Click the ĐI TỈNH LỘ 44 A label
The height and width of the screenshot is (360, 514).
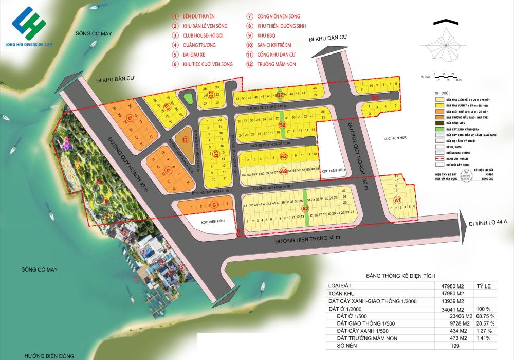tap(488, 223)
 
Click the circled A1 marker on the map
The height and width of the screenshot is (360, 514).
tap(397, 200)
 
